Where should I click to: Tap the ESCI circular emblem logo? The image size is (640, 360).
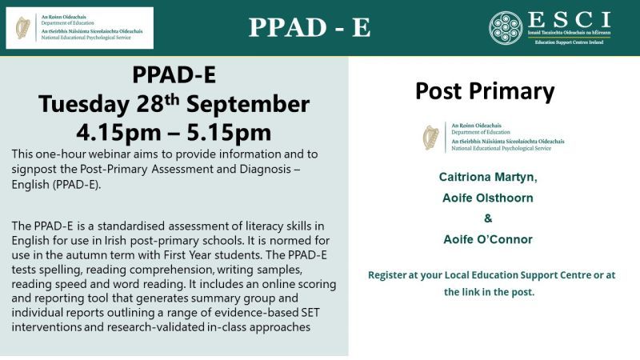506,27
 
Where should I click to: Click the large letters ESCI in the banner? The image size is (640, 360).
570,20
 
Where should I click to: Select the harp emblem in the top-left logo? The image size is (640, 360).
23,27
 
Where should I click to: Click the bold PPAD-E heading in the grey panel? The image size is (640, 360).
173,78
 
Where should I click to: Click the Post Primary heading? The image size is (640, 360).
485,92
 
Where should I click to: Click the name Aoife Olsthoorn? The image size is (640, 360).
488,197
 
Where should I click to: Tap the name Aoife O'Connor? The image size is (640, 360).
488,239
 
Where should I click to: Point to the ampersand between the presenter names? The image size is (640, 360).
488,218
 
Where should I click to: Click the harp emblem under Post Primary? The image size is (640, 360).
431,137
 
